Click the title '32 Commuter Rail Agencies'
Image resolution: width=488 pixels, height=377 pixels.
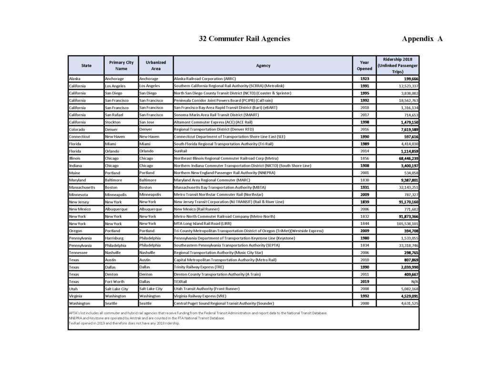click(x=244, y=39)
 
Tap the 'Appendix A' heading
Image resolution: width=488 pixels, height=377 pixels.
click(x=422, y=39)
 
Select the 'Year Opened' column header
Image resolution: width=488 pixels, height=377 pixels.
click(x=365, y=65)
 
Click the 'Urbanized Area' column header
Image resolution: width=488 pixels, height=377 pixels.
click(x=156, y=65)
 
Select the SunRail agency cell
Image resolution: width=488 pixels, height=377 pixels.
click(x=181, y=151)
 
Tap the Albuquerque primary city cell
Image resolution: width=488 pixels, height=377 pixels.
click(x=117, y=209)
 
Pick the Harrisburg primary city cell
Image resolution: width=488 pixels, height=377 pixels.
click(x=114, y=238)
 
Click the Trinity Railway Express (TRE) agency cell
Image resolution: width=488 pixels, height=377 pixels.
click(x=196, y=267)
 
